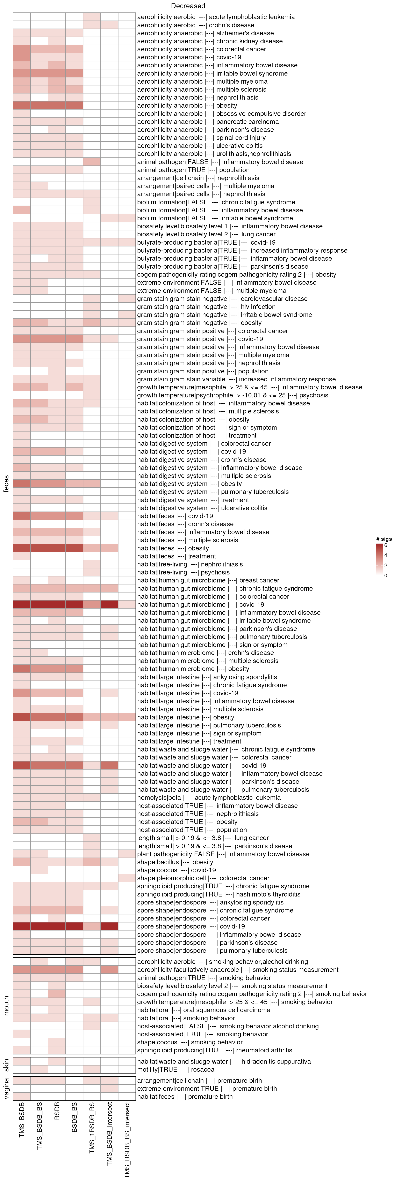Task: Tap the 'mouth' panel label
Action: point(6,1006)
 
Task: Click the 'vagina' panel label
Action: point(6,1088)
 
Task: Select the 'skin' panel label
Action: point(6,1066)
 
